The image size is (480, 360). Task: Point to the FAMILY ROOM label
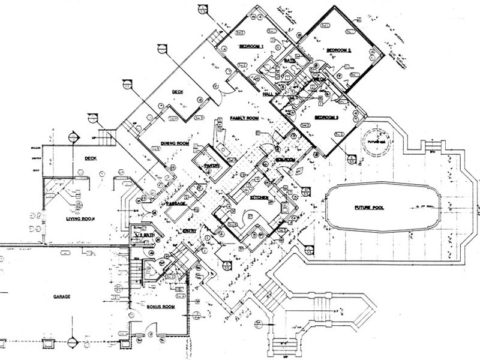point(244,119)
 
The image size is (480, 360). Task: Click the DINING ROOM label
point(175,144)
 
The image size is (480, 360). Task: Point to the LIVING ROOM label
point(81,220)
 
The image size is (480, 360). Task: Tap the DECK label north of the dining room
point(177,92)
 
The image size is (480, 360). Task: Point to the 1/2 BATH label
point(146,236)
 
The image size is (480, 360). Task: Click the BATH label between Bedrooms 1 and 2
point(289,61)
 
